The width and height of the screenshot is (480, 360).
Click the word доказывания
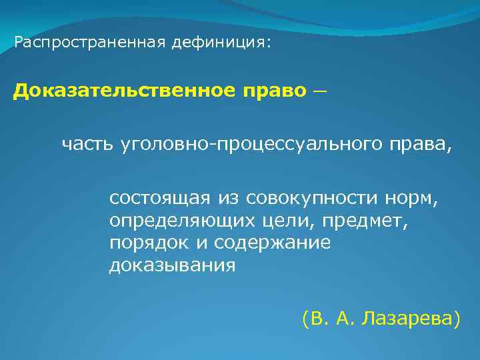[x=173, y=265]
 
